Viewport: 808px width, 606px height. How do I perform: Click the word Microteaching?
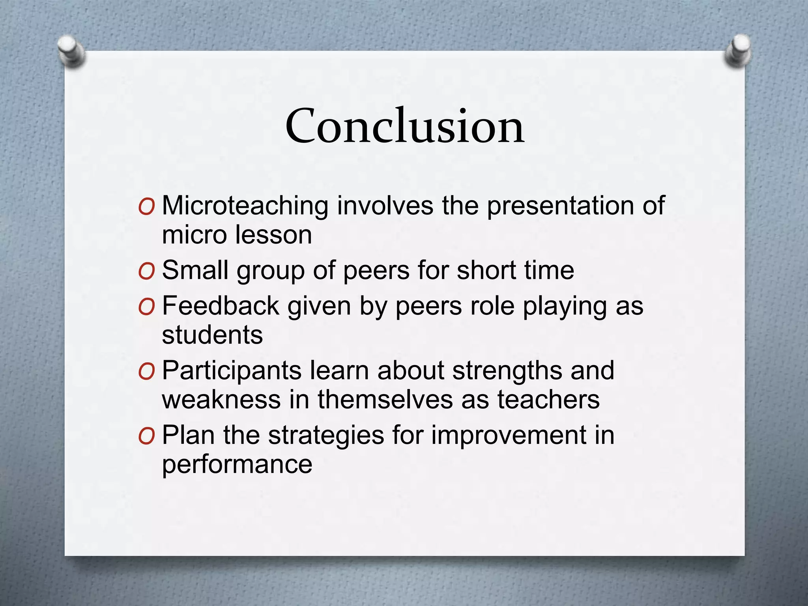[245, 206]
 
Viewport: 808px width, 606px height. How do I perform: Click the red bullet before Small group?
[146, 271]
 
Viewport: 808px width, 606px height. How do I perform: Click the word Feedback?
[221, 306]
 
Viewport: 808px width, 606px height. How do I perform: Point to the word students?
[212, 335]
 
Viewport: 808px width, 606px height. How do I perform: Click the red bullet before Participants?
[146, 372]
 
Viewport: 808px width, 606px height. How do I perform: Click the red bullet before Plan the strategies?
[146, 436]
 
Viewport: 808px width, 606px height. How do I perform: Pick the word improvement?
[509, 436]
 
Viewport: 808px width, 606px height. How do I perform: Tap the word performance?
[237, 465]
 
